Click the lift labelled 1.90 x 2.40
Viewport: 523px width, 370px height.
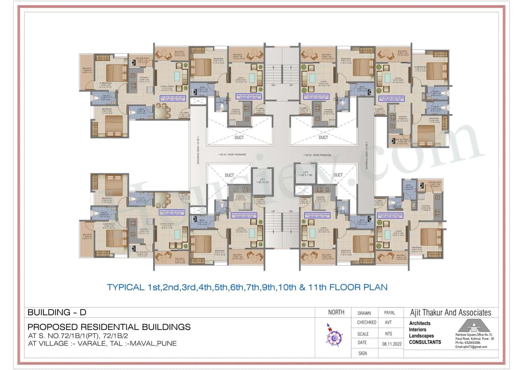(x=263, y=181)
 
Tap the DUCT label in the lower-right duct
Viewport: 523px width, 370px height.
(x=338, y=175)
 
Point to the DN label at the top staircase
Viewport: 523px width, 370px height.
(x=273, y=85)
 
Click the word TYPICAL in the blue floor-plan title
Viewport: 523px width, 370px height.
(x=124, y=287)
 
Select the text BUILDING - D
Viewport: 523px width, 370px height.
(x=57, y=313)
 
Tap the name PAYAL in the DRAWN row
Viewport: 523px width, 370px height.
(x=389, y=313)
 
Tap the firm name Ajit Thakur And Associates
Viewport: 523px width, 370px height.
(x=450, y=313)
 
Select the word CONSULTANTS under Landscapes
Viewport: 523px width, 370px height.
(x=425, y=342)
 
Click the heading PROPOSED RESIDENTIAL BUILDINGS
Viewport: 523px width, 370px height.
(x=109, y=327)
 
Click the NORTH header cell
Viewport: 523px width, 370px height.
(x=336, y=313)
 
